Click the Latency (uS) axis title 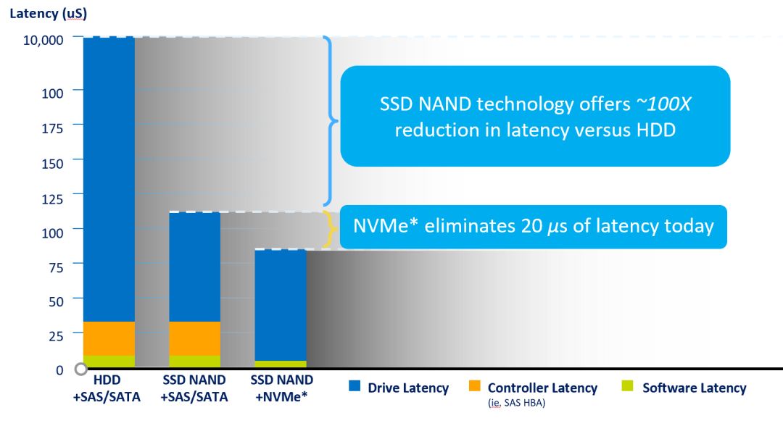[x=48, y=14]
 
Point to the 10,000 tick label [x=43, y=40]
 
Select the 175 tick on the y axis [x=52, y=128]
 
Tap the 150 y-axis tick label [x=52, y=164]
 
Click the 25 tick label [x=56, y=335]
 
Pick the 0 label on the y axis [x=59, y=370]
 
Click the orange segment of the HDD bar [x=109, y=339]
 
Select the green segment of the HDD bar [x=109, y=361]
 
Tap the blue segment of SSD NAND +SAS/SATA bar [x=195, y=267]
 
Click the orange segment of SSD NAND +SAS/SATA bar [x=195, y=339]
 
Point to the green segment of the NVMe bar [x=281, y=364]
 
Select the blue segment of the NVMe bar [x=281, y=305]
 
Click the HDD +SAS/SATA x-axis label [x=107, y=388]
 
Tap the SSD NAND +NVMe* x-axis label [x=281, y=388]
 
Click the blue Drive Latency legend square [x=355, y=385]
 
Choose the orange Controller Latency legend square [x=474, y=385]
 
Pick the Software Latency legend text [x=694, y=388]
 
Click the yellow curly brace [x=330, y=230]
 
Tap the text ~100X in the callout [x=663, y=104]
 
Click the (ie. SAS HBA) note [x=516, y=403]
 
